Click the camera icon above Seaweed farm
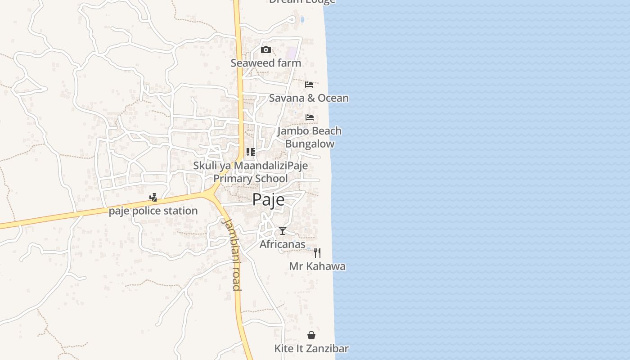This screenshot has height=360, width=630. tap(266, 50)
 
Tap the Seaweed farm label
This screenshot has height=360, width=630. tap(266, 63)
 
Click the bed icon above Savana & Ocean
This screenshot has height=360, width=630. tap(309, 85)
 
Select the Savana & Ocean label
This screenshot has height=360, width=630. tap(309, 98)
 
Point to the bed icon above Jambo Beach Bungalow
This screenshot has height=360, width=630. tap(310, 117)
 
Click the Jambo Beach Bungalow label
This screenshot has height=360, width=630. tap(310, 137)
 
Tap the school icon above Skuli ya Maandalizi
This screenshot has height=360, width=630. tap(251, 152)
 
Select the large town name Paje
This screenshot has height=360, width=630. tap(268, 199)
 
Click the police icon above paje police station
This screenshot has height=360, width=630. tap(153, 197)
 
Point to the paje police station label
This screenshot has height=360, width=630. tap(153, 211)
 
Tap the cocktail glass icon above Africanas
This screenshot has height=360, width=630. tap(283, 231)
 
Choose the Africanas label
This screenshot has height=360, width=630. tap(283, 244)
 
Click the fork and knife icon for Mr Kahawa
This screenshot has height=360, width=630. tap(317, 252)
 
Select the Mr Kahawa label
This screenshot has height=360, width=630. tap(317, 266)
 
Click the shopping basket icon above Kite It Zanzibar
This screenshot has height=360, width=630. tap(311, 335)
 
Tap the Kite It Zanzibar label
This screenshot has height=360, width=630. tap(311, 349)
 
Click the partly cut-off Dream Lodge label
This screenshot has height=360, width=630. tap(302, 2)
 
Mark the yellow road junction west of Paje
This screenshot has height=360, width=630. tap(211, 194)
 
